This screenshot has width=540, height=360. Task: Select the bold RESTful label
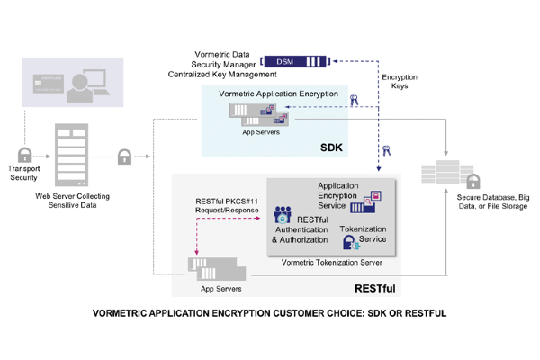point(375,288)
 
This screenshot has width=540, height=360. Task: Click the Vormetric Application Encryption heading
point(278,94)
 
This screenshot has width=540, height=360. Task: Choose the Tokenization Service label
point(363,235)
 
